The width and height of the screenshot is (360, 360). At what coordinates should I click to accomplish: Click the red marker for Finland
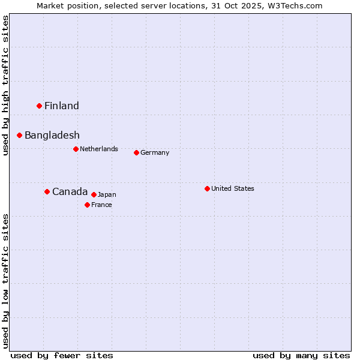point(40,106)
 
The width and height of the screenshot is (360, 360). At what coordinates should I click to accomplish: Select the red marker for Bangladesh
point(20,135)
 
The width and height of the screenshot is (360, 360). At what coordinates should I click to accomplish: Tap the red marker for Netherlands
point(76,149)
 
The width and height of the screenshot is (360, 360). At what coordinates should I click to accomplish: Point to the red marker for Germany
point(136,152)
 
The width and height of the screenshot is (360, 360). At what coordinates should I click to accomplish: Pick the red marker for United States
point(207,188)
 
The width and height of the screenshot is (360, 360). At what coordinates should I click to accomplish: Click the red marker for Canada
point(47,191)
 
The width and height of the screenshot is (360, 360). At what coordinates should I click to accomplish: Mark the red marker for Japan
point(94,194)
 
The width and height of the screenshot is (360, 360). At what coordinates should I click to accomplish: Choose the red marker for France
point(88,205)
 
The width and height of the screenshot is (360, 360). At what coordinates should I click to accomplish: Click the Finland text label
point(62,106)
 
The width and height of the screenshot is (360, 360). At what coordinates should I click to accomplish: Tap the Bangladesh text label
point(52,136)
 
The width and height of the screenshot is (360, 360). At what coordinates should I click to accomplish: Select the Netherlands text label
point(99,149)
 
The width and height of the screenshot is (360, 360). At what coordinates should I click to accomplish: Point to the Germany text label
point(155,152)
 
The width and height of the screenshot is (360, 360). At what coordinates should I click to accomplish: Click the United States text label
point(233,188)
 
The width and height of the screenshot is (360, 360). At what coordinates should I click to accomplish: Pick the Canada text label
point(70,192)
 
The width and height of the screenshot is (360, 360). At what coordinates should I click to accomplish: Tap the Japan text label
point(107,194)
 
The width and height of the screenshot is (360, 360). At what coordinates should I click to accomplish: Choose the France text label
point(102,205)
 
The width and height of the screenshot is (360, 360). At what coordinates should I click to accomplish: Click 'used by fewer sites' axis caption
point(62,355)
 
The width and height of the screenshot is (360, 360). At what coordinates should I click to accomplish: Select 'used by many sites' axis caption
point(301,355)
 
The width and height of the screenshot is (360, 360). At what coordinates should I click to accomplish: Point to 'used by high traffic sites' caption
point(5,85)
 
